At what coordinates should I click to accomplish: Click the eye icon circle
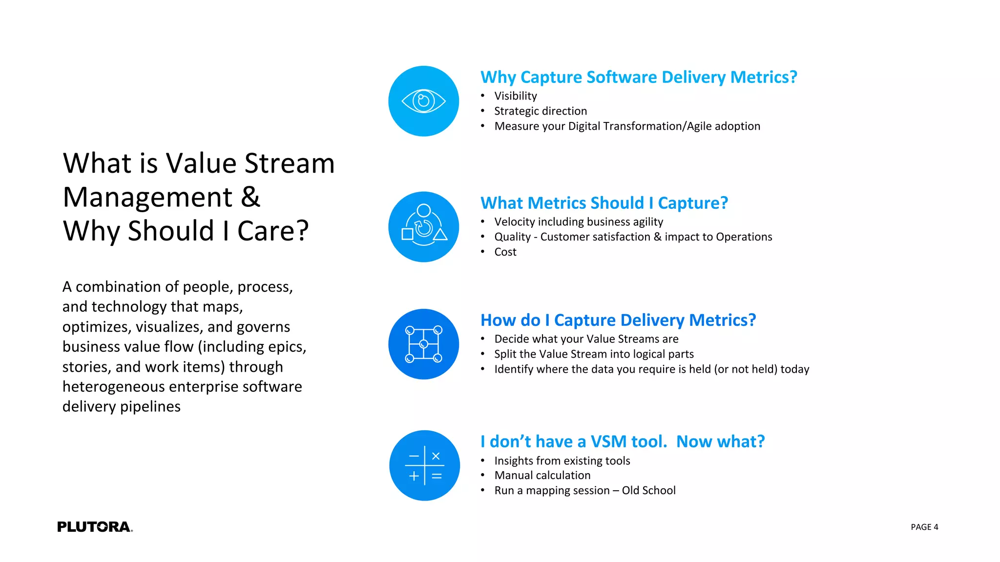[423, 101]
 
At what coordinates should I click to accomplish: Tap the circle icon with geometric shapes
[423, 227]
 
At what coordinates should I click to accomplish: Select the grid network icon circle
[423, 344]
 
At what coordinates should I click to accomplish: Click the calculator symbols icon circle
[424, 465]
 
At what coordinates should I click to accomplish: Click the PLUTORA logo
[95, 527]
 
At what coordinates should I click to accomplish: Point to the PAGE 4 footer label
[924, 527]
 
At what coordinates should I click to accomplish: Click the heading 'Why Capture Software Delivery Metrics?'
[638, 77]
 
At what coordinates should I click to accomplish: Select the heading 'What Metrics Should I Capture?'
[604, 203]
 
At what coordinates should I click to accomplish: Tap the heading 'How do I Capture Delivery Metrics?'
[618, 320]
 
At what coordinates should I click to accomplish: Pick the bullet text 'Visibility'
[515, 96]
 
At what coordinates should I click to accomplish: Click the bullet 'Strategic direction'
[540, 111]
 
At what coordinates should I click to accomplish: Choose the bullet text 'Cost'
[505, 252]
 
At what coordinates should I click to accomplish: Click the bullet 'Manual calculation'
[542, 475]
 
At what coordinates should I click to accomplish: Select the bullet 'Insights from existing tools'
[562, 461]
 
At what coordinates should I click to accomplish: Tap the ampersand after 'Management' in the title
[250, 197]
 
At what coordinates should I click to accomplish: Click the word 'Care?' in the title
[273, 231]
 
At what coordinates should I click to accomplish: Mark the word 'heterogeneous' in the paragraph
[114, 386]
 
